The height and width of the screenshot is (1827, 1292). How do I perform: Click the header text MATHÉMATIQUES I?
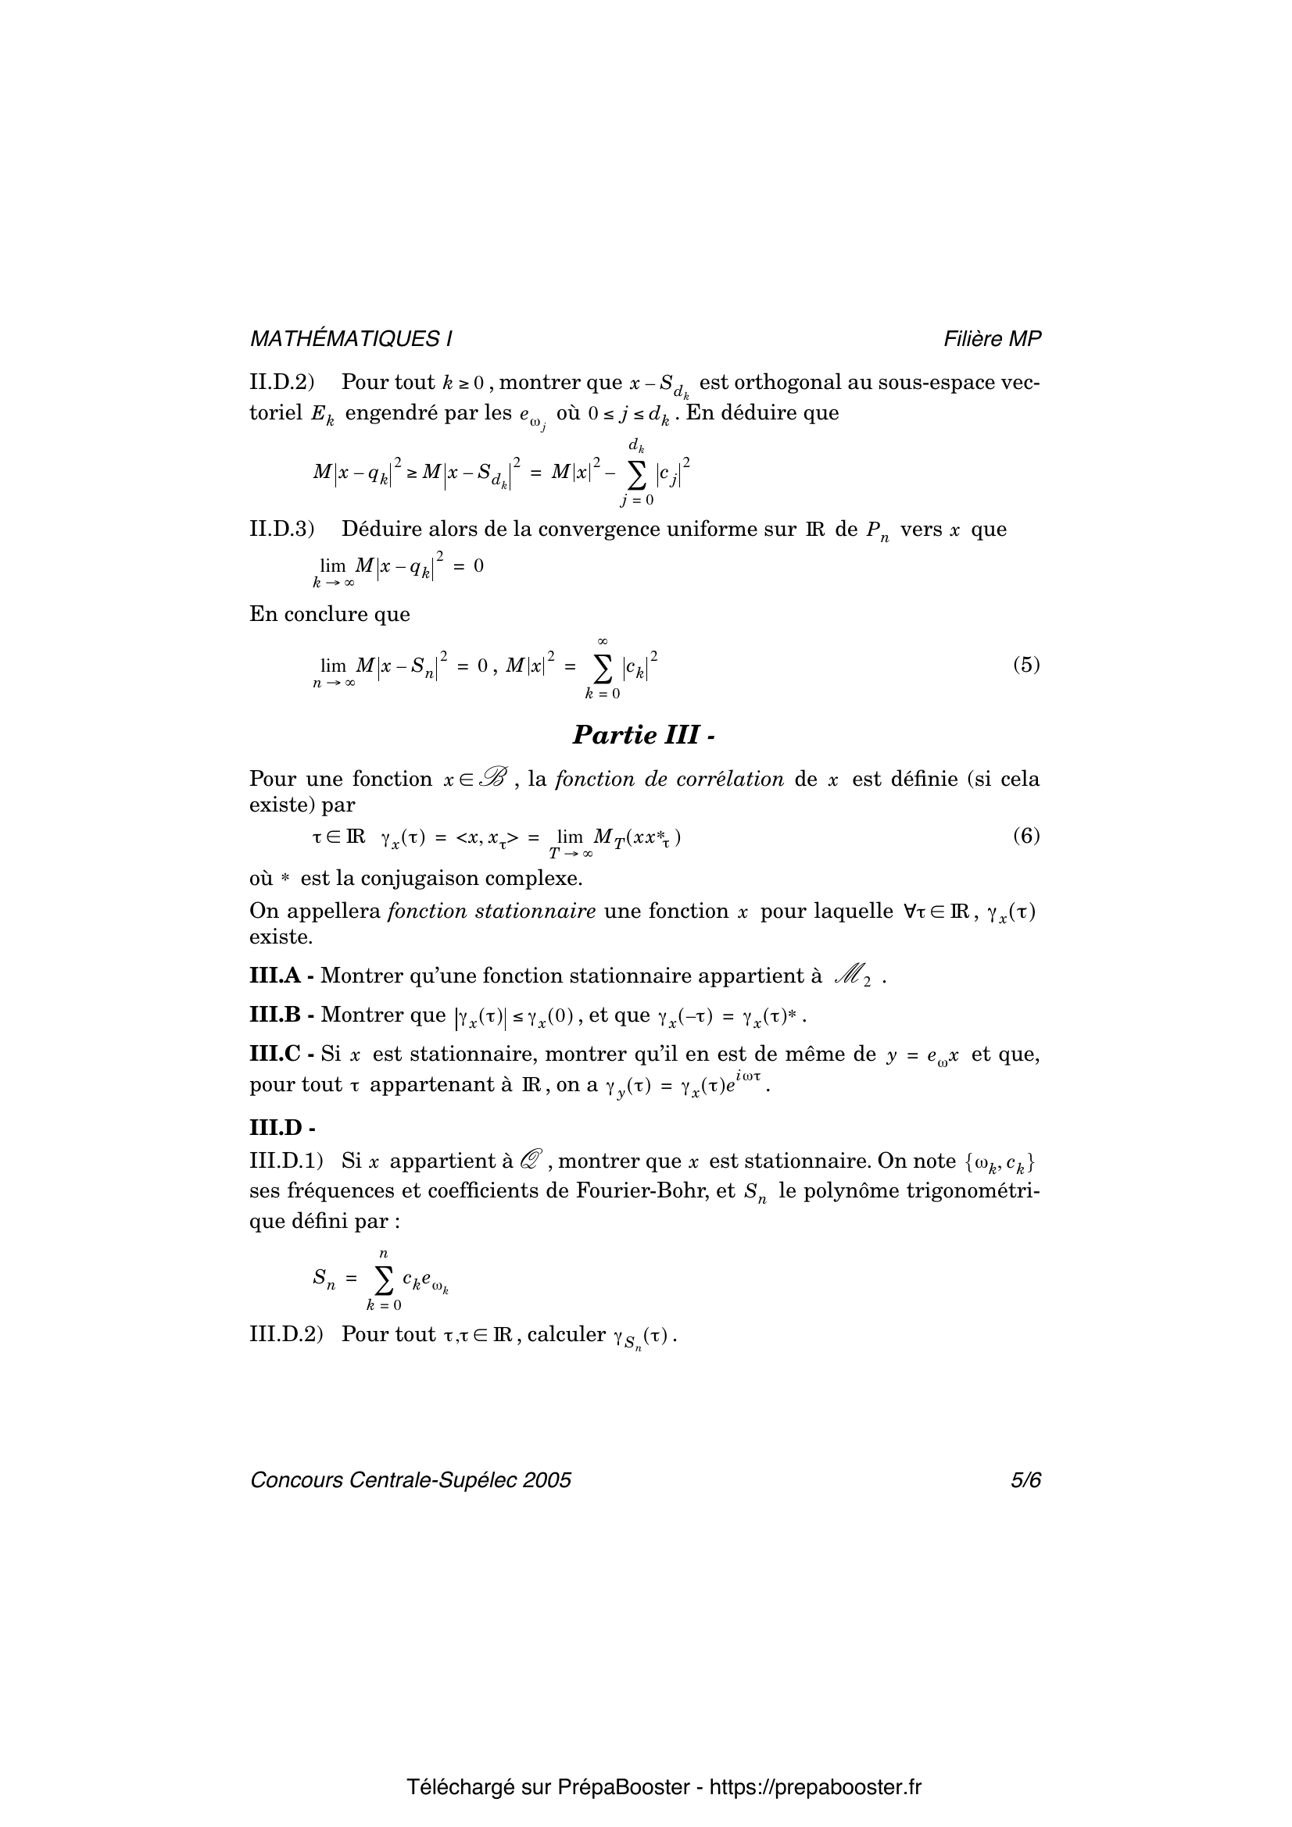(x=350, y=339)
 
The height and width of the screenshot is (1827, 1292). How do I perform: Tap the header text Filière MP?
(x=992, y=339)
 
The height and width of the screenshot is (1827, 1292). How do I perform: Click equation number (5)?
(x=1026, y=665)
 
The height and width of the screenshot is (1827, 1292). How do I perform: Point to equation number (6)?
(x=1026, y=836)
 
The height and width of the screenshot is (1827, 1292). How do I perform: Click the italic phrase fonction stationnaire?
(x=491, y=911)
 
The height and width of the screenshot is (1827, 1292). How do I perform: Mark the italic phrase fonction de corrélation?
(x=669, y=779)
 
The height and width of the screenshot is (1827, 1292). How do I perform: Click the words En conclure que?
(x=330, y=614)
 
